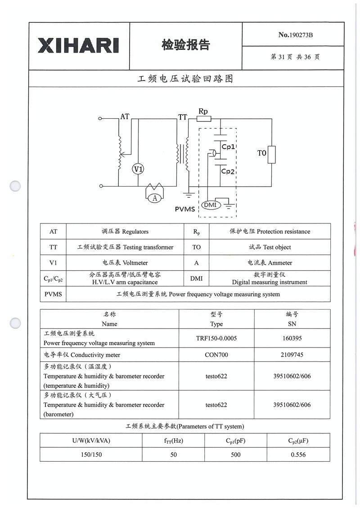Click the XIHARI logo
coord(79,45)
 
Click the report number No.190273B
coord(295,35)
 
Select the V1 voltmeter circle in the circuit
coord(138,169)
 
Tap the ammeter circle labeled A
coord(155,197)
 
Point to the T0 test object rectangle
coord(271,154)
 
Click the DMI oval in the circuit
coord(210,205)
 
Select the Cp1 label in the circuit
coord(229,147)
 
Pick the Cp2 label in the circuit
coord(229,172)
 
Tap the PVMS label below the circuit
coord(185,209)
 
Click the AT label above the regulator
coord(125,116)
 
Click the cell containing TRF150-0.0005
coord(216,339)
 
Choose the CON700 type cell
coord(216,355)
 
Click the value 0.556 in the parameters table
coord(298,455)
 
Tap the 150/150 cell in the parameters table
coord(91,455)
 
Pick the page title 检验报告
coord(185,45)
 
